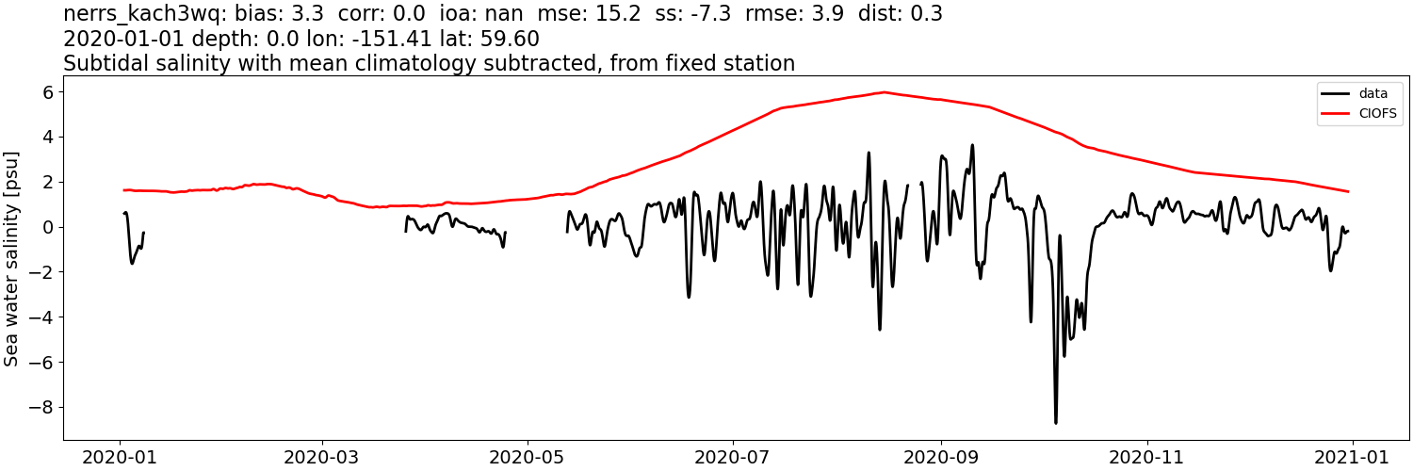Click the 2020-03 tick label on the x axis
pos(322,457)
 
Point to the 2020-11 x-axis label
pos(1146,457)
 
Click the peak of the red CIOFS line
pos(884,92)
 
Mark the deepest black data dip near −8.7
pos(1056,422)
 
